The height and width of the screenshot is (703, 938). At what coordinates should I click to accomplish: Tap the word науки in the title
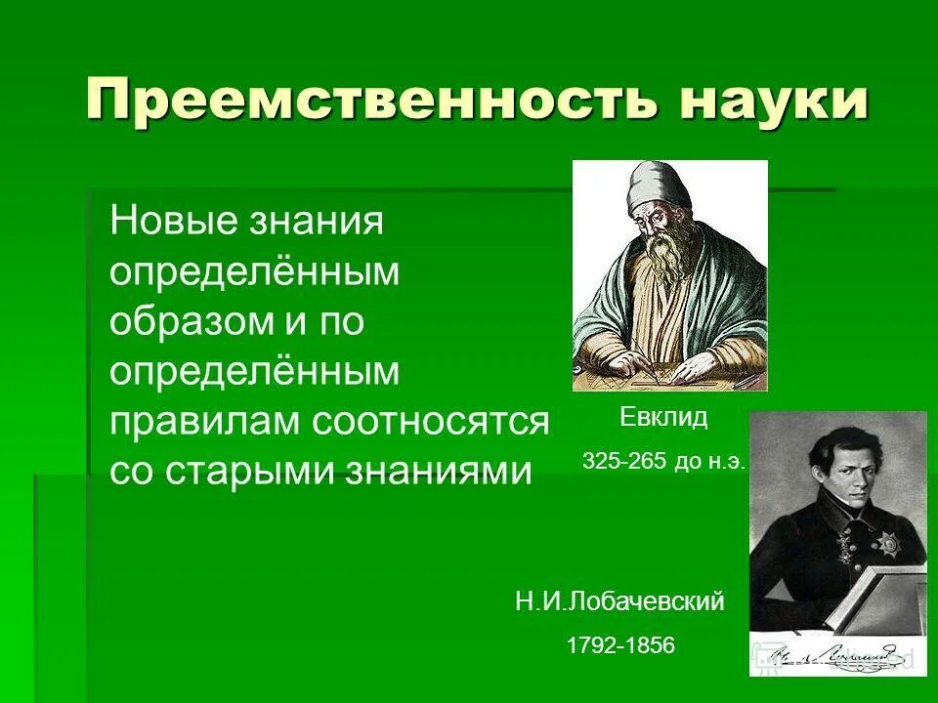pyautogui.click(x=772, y=101)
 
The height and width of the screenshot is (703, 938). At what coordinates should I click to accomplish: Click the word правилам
pyautogui.click(x=205, y=422)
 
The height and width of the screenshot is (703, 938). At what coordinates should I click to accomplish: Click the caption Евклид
pyautogui.click(x=663, y=418)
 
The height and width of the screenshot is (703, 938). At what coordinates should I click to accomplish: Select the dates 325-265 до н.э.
pyautogui.click(x=663, y=461)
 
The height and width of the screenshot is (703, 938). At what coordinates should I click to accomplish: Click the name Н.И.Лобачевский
pyautogui.click(x=619, y=601)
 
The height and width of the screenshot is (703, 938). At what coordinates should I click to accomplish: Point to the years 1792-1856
pyautogui.click(x=619, y=645)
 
